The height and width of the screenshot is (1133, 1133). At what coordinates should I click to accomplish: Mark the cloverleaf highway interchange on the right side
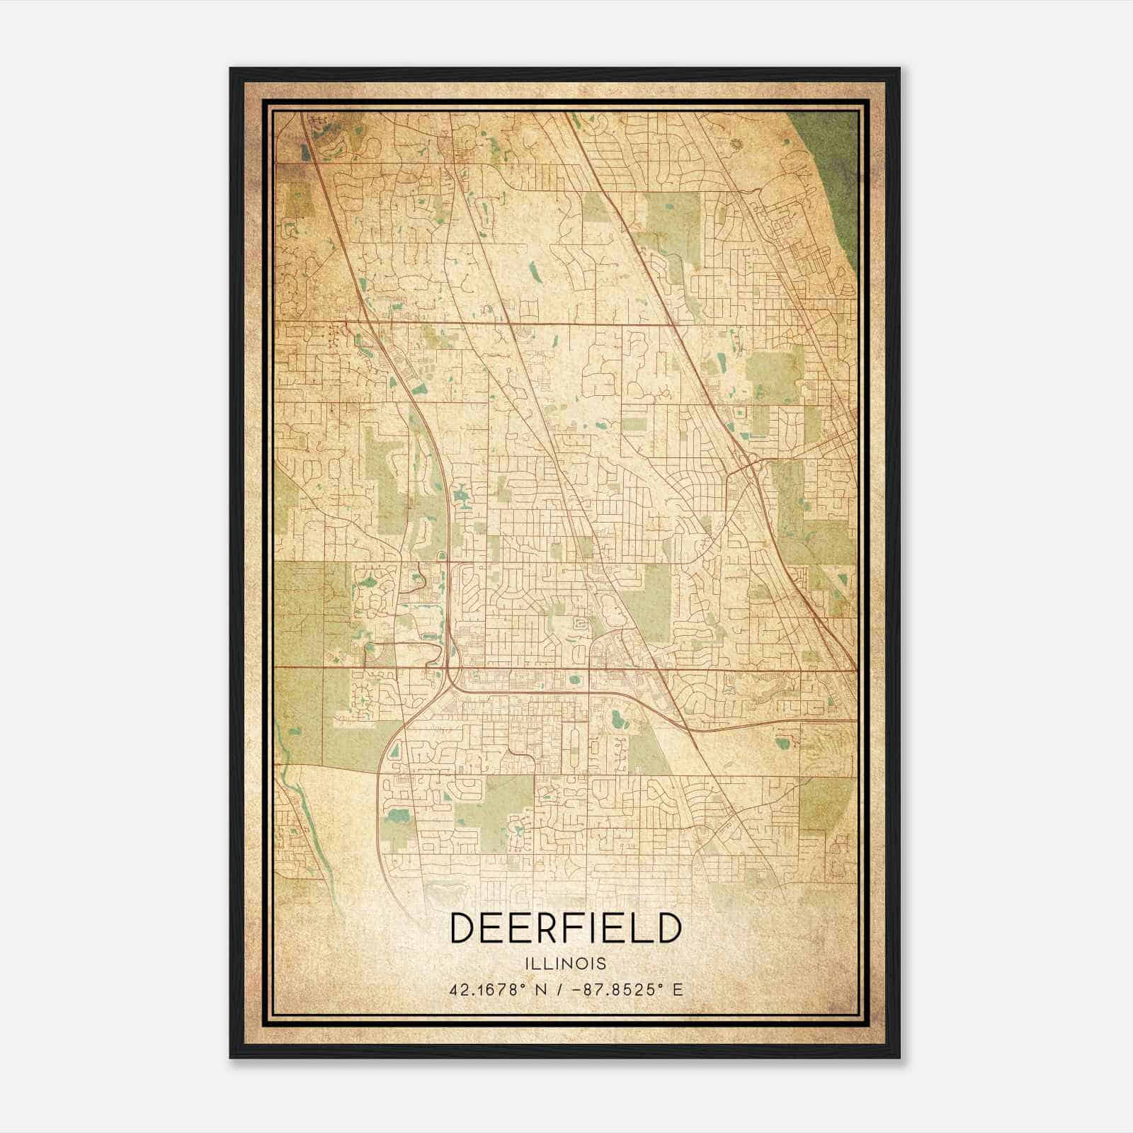click(x=749, y=467)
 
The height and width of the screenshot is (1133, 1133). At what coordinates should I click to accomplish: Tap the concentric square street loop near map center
click(x=581, y=624)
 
